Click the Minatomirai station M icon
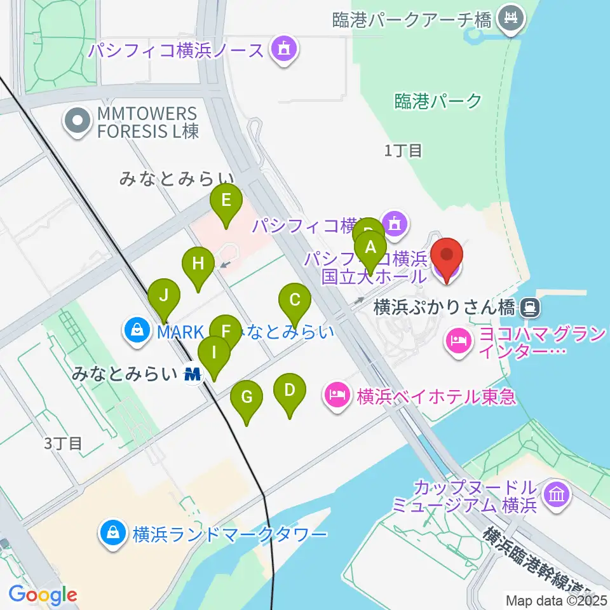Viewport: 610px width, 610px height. coord(193,374)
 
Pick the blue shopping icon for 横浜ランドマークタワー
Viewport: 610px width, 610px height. coord(113,532)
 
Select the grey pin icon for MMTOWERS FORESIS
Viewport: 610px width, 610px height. coord(78,121)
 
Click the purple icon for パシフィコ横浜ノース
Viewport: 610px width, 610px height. coord(282,50)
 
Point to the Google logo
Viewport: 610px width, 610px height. coord(43,595)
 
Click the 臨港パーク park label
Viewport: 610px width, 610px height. coord(438,100)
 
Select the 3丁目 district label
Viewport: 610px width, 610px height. coord(64,443)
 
